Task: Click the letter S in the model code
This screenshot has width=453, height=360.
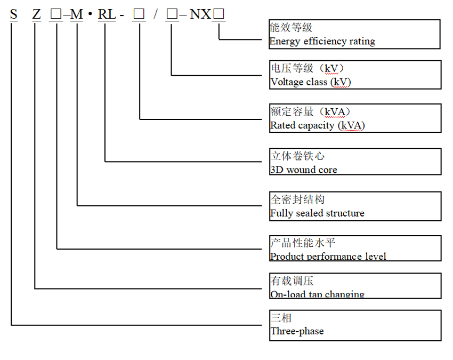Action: pos(13,14)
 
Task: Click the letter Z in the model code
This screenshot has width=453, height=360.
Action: pos(36,14)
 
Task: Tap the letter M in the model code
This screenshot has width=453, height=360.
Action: pos(77,14)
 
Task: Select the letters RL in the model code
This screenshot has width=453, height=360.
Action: pos(107,14)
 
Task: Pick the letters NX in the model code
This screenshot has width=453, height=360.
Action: pos(200,14)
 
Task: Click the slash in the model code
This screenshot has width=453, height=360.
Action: pos(156,14)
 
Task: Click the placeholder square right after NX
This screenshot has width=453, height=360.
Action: pos(219,14)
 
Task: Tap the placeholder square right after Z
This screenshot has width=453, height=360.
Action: pos(56,14)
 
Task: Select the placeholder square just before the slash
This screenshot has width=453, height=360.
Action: pos(139,14)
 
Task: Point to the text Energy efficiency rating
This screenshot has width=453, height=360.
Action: pos(322,41)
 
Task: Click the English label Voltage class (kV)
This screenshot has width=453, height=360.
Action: pos(311,82)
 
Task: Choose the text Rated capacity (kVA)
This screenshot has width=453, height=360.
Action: pos(317,125)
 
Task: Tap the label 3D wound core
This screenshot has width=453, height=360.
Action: pos(303,170)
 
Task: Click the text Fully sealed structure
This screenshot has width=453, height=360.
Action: pos(317,213)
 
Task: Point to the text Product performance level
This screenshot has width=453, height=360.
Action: pos(328,257)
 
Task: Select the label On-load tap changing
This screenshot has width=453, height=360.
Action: pos(317,294)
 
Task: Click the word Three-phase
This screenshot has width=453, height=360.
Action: pos(297,331)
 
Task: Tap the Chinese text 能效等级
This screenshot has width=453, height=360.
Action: pos(291,27)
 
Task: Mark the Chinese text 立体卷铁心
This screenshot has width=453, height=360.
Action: pos(297,156)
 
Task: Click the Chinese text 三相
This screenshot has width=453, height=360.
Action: pos(281,318)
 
